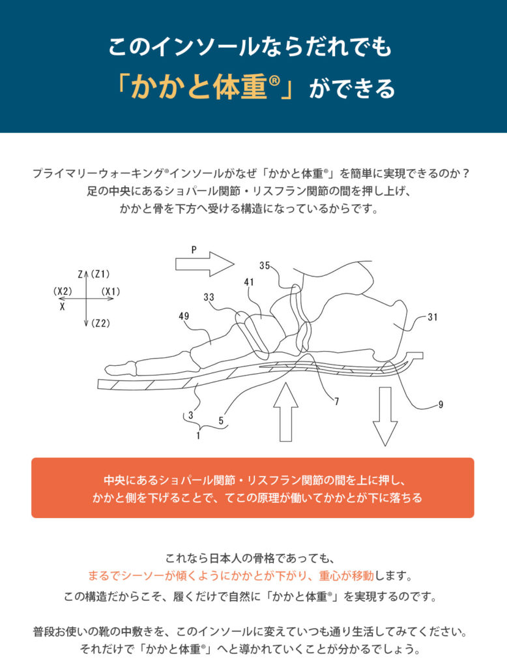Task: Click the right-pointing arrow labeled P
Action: [205, 264]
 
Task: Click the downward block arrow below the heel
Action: [385, 416]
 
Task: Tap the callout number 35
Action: [265, 266]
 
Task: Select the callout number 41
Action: [249, 282]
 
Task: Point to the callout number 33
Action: [209, 297]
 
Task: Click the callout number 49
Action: [184, 316]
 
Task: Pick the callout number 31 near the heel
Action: [433, 317]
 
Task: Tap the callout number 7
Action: [337, 402]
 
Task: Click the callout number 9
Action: [441, 404]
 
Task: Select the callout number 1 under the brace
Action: [198, 436]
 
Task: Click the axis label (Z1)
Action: [100, 274]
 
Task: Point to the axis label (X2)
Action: [63, 292]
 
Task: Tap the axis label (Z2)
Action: [100, 324]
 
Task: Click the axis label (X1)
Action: [111, 292]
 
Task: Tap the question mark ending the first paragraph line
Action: [466, 174]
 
